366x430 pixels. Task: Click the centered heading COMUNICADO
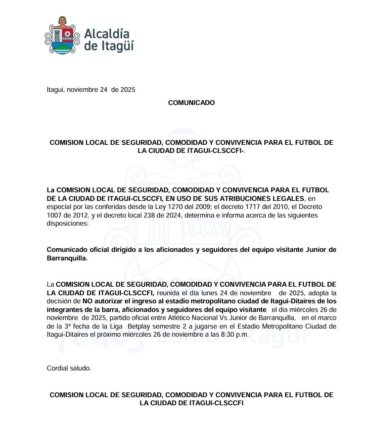point(191,102)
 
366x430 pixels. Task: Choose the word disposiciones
point(67,224)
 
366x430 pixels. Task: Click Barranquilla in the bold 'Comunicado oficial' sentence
point(67,258)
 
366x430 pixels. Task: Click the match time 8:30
point(225,335)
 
